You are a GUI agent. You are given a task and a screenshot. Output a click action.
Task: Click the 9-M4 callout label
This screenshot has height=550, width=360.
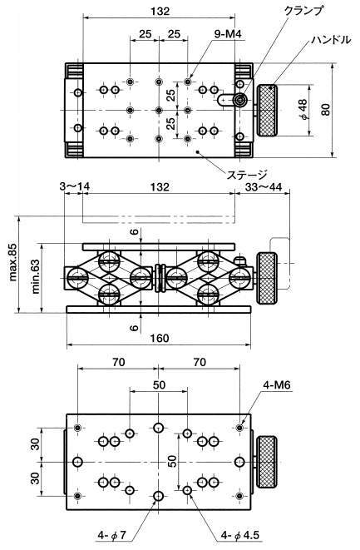pyautogui.click(x=228, y=34)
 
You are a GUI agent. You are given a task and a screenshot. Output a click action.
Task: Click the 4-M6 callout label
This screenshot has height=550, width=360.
pyautogui.click(x=277, y=384)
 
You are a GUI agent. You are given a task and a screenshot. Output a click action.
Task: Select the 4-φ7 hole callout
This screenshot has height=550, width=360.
pyautogui.click(x=111, y=536)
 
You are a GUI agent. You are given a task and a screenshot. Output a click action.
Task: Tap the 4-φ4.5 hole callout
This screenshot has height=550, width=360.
pyautogui.click(x=240, y=536)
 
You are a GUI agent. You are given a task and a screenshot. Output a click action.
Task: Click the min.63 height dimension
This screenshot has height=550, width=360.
pyautogui.click(x=36, y=275)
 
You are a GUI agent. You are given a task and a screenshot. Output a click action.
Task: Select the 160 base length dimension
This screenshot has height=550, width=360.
pyautogui.click(x=160, y=338)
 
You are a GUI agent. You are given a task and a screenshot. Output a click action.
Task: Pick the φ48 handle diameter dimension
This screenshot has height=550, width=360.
pyautogui.click(x=303, y=109)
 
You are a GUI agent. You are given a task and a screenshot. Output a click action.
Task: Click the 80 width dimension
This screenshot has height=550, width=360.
pyautogui.click(x=327, y=110)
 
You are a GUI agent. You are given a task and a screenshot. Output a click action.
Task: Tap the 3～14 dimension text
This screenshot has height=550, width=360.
pyautogui.click(x=74, y=186)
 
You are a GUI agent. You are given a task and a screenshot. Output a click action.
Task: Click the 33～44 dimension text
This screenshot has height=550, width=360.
pyautogui.click(x=264, y=186)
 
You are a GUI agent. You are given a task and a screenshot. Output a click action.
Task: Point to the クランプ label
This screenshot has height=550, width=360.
pyautogui.click(x=303, y=11)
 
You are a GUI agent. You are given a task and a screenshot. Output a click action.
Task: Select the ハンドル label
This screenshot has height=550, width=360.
pyautogui.click(x=332, y=40)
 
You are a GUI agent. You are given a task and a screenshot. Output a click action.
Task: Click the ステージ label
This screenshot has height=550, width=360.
pyautogui.click(x=247, y=175)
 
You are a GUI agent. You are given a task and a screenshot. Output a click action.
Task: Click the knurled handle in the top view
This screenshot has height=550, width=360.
pyautogui.click(x=268, y=111)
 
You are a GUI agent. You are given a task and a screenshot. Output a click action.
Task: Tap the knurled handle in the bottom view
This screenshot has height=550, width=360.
pyautogui.click(x=267, y=462)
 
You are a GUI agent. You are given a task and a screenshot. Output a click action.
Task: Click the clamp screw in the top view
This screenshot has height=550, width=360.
pyautogui.click(x=240, y=101)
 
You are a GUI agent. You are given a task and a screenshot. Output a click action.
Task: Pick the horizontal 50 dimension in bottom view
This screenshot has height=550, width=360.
pyautogui.click(x=159, y=384)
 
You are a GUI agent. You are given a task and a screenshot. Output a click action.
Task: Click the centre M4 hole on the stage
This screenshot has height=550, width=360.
pyautogui.click(x=159, y=111)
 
